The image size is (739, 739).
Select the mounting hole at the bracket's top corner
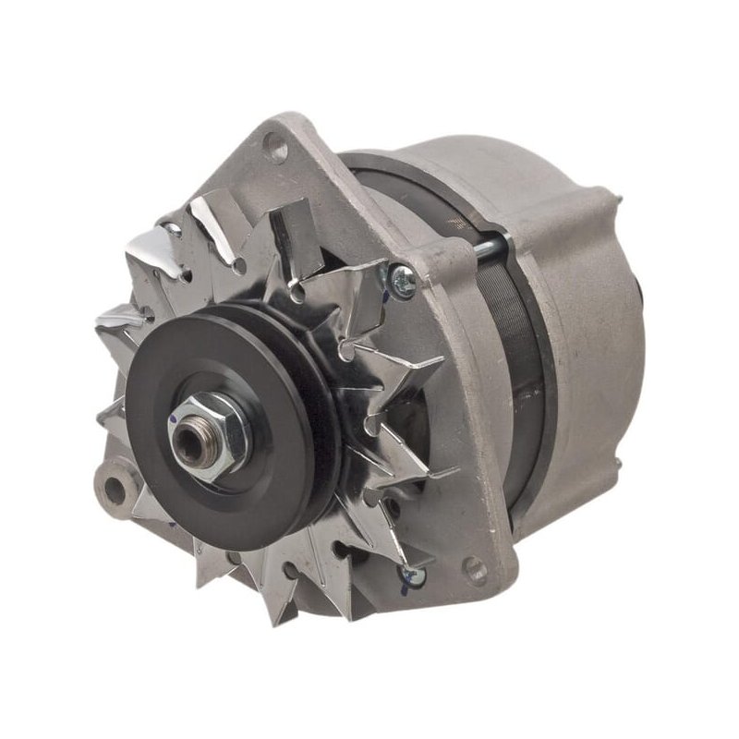click(x=274, y=144)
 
